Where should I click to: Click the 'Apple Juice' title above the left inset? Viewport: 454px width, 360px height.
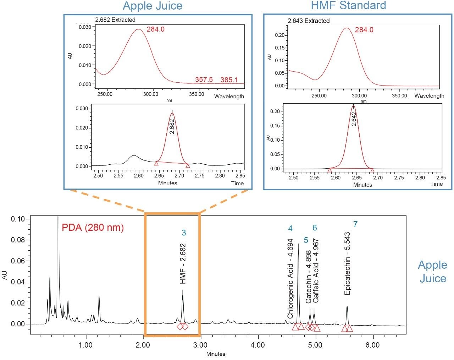(x=153, y=6)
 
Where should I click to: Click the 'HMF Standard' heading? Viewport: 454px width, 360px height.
(x=348, y=5)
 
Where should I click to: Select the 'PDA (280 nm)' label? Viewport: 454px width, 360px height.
(x=93, y=227)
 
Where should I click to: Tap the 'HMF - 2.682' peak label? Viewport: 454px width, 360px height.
(x=183, y=264)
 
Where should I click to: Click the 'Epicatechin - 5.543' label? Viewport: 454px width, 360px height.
(x=347, y=263)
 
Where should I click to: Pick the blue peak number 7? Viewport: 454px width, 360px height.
(x=355, y=224)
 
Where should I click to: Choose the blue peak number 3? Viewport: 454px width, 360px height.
(x=184, y=233)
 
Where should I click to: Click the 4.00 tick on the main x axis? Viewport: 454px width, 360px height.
(x=258, y=345)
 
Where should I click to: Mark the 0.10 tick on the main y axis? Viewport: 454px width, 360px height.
(x=18, y=219)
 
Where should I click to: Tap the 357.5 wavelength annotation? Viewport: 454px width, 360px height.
(x=204, y=80)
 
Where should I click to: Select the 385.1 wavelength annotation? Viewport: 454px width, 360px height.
(x=229, y=80)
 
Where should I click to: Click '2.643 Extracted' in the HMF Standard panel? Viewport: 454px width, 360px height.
(x=308, y=21)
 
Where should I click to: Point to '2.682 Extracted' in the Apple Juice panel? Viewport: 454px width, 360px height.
(x=115, y=20)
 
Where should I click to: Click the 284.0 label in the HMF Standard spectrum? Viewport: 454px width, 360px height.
(x=364, y=30)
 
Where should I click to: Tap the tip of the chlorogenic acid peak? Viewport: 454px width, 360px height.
(x=298, y=244)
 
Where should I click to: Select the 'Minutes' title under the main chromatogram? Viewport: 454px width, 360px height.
(x=216, y=354)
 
